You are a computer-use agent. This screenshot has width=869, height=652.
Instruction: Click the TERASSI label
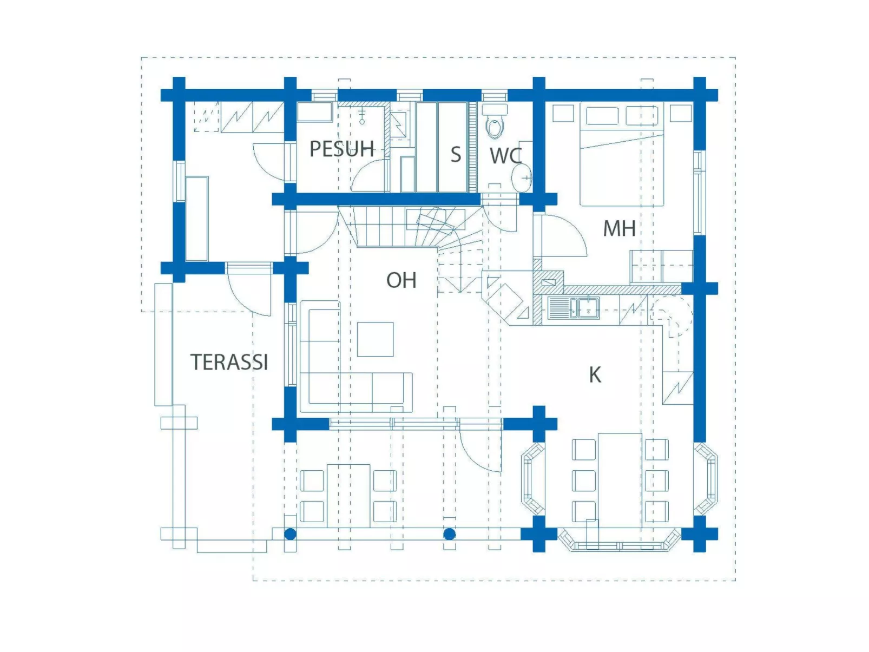tap(229, 362)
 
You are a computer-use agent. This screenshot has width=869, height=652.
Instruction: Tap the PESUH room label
tap(341, 149)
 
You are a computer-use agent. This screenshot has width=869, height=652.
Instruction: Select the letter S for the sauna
tap(456, 155)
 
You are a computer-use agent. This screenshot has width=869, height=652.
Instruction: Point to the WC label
tap(505, 156)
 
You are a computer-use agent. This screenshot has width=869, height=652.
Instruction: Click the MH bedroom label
tap(619, 228)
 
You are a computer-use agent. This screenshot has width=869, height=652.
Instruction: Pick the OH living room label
tap(401, 280)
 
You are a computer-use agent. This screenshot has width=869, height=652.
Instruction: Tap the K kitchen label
tap(595, 374)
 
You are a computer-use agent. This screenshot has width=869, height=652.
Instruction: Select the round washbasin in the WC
tap(523, 177)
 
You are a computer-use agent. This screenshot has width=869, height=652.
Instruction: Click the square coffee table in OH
tap(375, 339)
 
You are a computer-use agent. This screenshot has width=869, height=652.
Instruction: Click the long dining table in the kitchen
tap(620, 479)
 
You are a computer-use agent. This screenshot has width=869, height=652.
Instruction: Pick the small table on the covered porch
tap(348, 495)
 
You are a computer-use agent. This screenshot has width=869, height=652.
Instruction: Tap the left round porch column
tap(290, 535)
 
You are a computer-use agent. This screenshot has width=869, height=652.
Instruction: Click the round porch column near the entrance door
tap(449, 535)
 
